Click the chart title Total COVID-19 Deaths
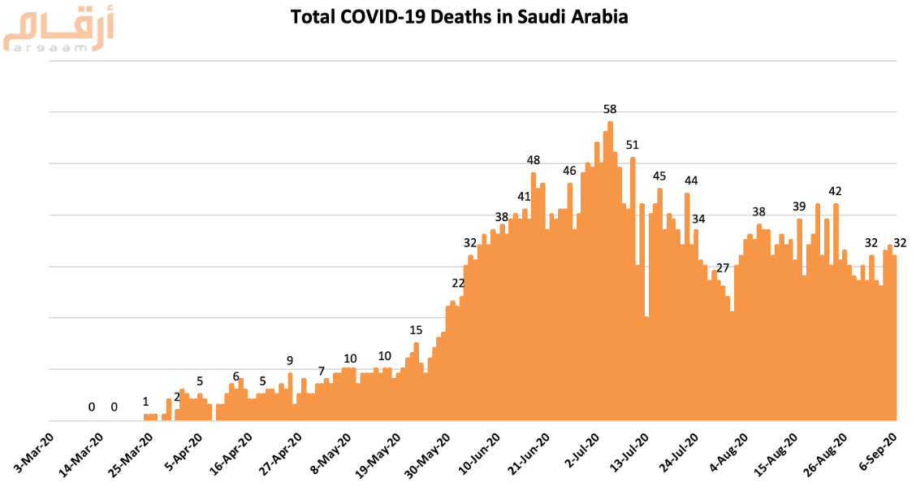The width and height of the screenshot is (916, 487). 459,17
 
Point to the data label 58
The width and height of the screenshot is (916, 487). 610,109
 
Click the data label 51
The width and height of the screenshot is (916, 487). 633,146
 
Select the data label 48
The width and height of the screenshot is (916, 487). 534,160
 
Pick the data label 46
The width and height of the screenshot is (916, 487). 569,171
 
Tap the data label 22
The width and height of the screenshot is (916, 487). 458,283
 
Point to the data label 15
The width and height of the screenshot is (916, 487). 416,330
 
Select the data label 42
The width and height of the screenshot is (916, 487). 835,191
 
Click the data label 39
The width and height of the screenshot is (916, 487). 799,207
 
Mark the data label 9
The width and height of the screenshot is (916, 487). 290,360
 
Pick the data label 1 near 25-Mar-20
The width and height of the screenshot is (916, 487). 145,402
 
